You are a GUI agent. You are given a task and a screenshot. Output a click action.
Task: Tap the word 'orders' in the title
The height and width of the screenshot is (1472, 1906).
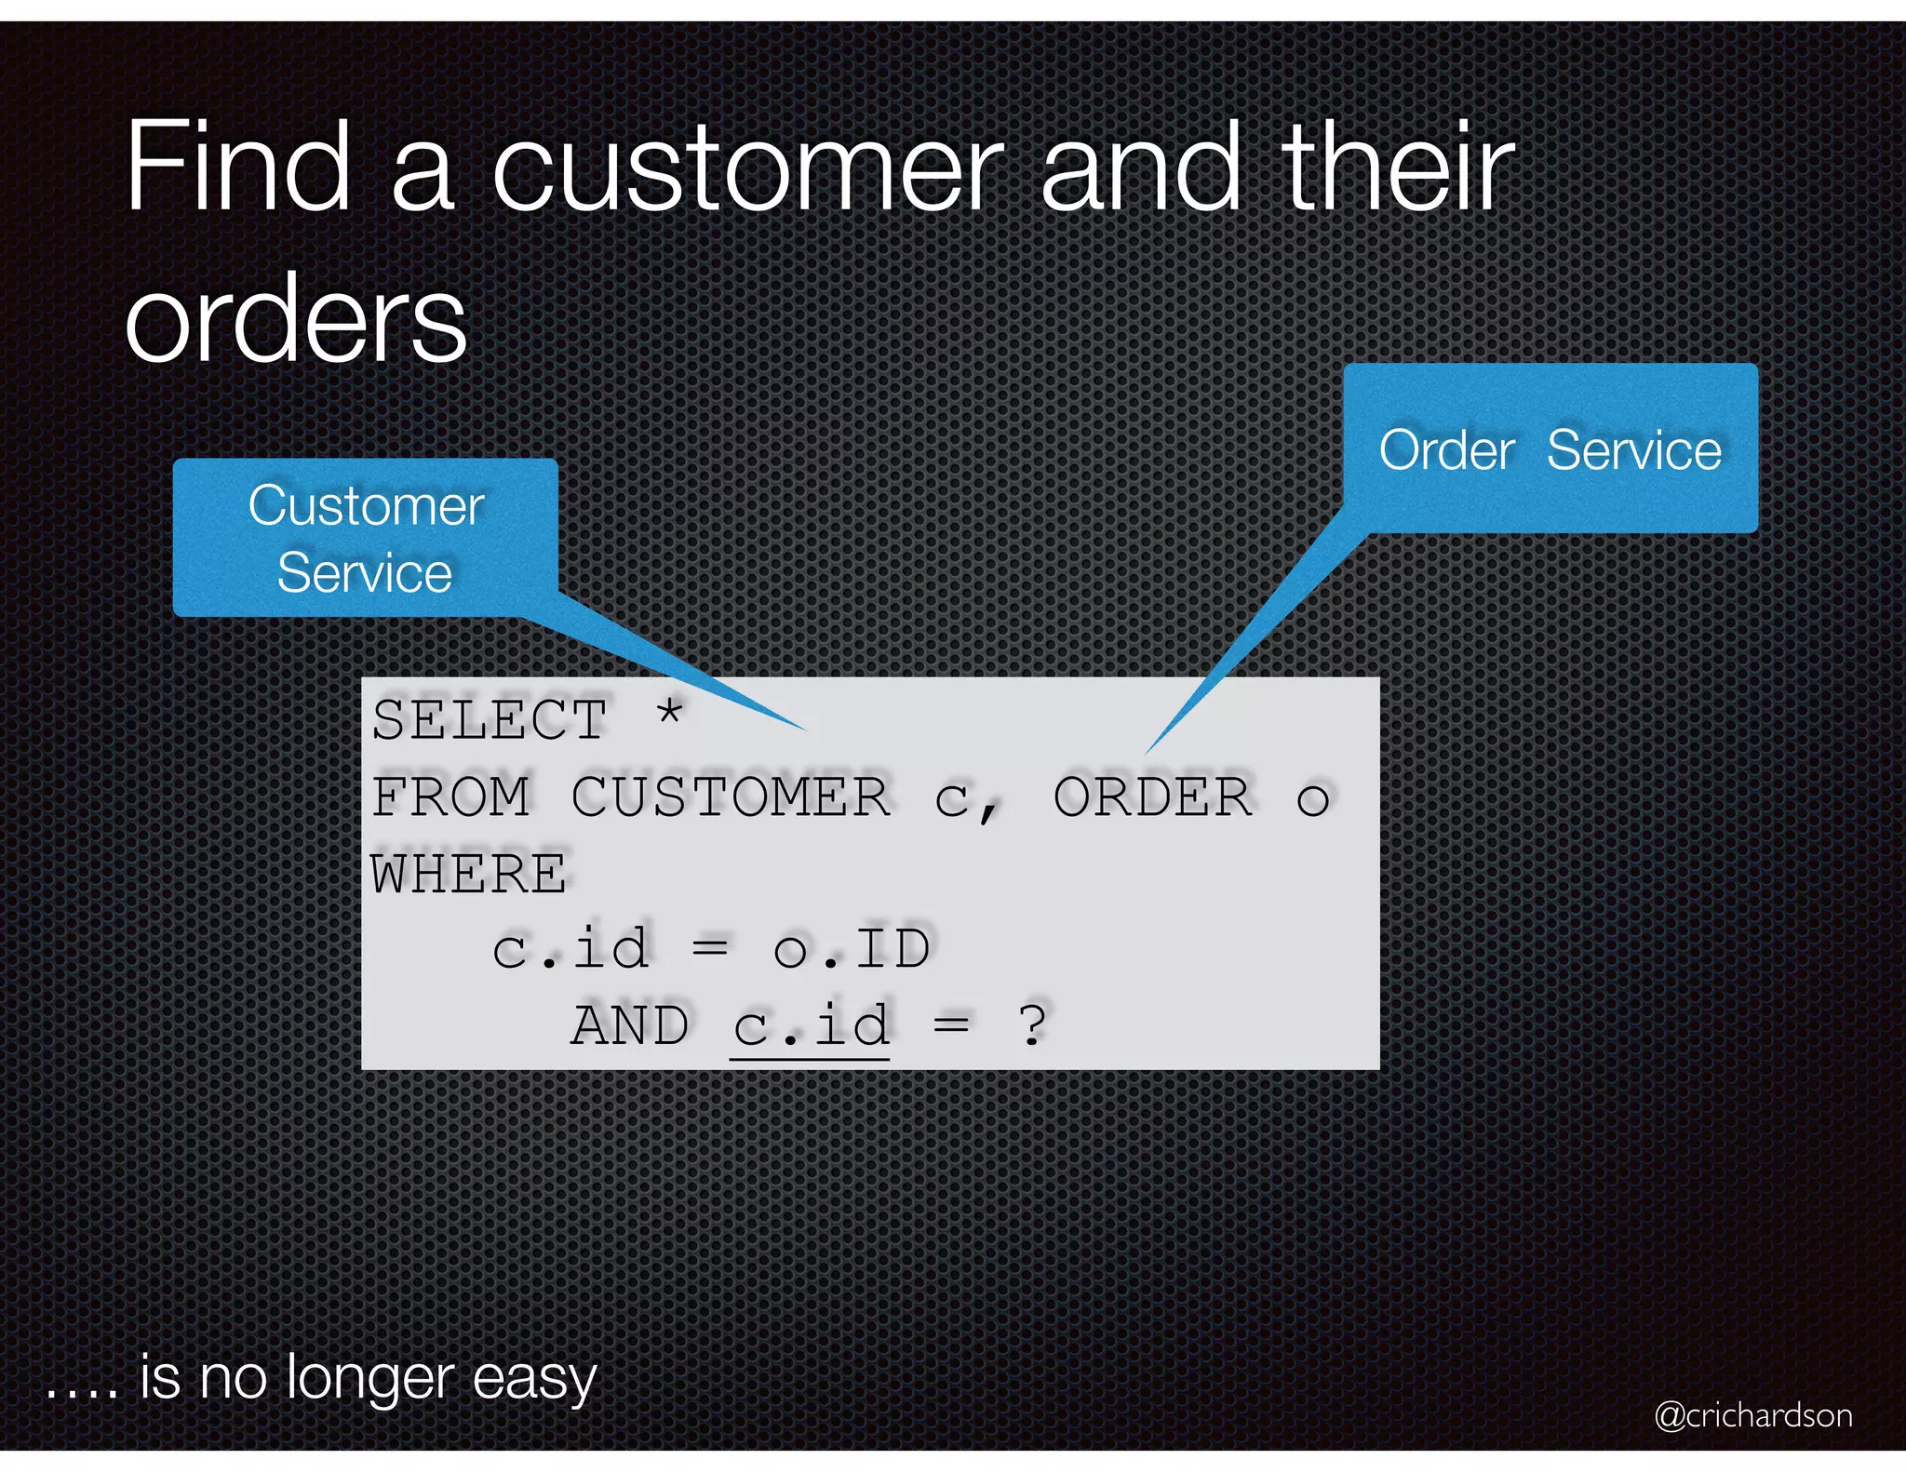point(296,321)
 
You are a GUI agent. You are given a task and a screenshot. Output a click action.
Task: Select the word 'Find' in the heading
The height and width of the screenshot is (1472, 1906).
point(238,167)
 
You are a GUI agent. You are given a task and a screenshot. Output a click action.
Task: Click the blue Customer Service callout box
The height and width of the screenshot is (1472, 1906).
point(365,538)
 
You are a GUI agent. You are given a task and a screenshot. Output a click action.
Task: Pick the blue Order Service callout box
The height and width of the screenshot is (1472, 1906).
point(1550,448)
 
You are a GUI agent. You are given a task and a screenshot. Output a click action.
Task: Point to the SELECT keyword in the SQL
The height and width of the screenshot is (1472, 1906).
point(490,720)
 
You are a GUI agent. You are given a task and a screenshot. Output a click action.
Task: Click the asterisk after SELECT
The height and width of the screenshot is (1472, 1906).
point(669,715)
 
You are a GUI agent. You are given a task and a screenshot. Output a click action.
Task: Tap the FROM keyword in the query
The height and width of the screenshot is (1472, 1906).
point(450,797)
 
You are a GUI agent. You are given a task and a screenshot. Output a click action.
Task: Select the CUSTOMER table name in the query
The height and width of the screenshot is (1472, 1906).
point(731,797)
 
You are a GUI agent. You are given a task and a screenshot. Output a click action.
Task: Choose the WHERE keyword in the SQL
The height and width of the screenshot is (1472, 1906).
point(468,875)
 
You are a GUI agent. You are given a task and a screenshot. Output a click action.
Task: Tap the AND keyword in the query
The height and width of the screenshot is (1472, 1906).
point(630,1026)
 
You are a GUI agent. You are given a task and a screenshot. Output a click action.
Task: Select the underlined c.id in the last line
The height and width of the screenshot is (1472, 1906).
point(810,1026)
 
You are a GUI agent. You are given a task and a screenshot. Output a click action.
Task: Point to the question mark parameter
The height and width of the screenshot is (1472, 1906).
point(1033,1026)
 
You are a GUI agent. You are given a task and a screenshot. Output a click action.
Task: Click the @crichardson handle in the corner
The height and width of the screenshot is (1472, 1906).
point(1752,1415)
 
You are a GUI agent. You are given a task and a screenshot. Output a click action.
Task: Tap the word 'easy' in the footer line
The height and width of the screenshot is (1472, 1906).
point(534,1378)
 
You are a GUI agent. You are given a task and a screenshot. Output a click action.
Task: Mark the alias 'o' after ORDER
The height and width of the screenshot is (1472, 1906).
point(1312,799)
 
